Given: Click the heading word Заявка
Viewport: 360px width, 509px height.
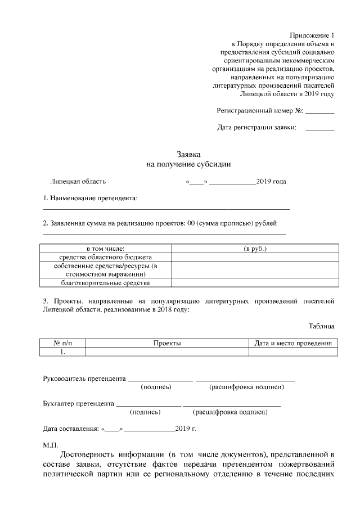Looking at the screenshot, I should pos(189,154).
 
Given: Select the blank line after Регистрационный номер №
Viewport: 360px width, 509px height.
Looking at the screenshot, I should pos(319,112).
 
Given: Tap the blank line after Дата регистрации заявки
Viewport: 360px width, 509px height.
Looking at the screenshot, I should pos(319,130).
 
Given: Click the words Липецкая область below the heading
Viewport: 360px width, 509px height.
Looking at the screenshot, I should pos(78,182).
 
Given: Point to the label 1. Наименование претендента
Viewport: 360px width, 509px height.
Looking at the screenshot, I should pos(91,199).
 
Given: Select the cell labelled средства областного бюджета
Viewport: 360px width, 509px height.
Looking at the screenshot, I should pos(106,257).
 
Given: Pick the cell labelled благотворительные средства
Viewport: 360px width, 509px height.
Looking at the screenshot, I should pos(106,283).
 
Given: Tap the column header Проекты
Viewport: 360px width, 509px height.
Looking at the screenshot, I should pos(167,343).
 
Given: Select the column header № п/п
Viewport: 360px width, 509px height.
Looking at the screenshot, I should pos(63,343).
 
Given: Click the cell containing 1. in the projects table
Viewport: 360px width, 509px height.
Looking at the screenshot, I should pos(63,352).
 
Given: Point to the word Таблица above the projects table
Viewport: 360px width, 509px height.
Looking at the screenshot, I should pos(322,326).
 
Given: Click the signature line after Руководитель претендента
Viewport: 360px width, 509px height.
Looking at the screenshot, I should pos(160,381).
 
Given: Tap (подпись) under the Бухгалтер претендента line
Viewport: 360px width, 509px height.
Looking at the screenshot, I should pos(145,412).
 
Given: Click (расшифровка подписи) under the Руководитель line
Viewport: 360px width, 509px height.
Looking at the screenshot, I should pos(246,388).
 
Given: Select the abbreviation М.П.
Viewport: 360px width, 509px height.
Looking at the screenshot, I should pos(51,445).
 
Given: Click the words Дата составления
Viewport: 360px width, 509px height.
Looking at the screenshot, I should pos(71,429).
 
